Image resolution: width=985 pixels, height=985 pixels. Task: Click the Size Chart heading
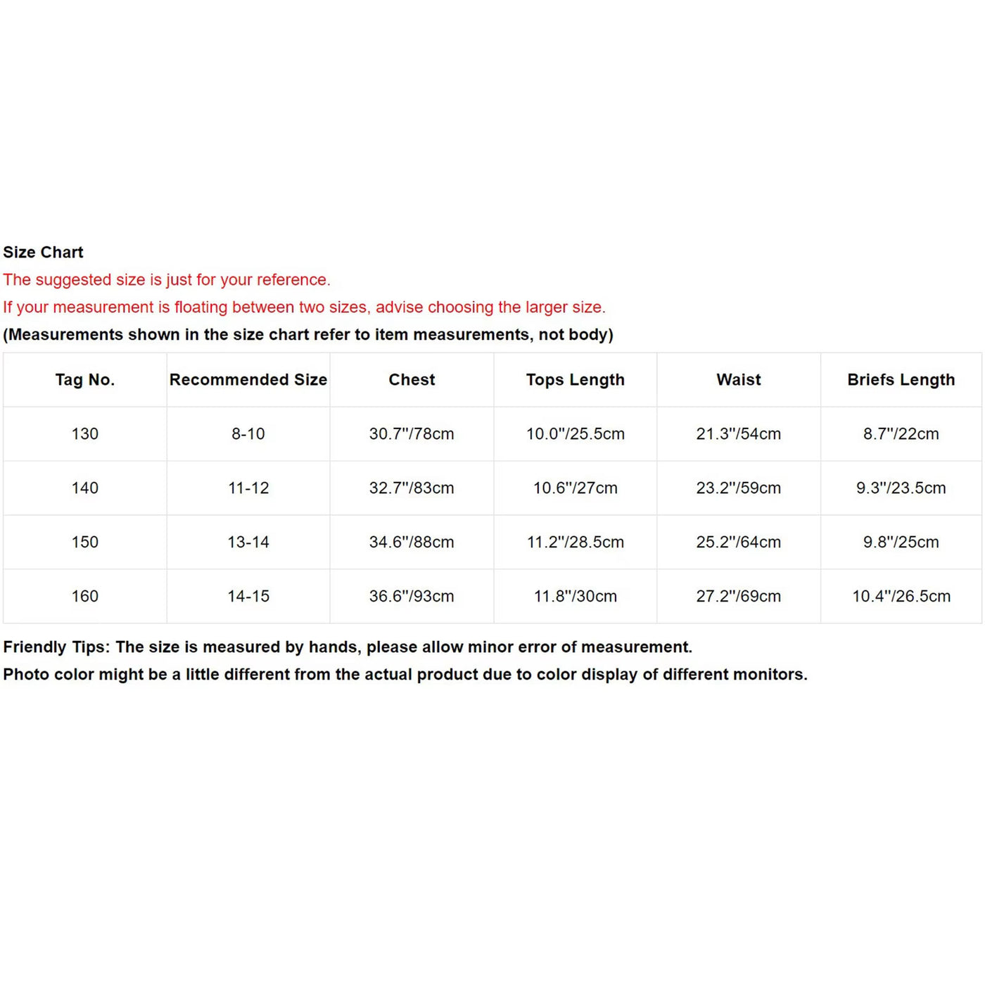(43, 252)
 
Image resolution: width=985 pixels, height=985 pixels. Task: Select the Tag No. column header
(84, 380)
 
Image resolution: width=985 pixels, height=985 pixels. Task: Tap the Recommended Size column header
(248, 380)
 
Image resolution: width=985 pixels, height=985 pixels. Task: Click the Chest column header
(412, 380)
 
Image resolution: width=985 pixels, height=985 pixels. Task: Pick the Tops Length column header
(575, 380)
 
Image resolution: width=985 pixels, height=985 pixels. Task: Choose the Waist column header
(739, 380)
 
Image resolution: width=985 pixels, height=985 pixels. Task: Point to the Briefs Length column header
(901, 380)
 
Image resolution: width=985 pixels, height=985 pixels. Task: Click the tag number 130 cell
(84, 434)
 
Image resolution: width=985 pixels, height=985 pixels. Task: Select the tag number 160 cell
(84, 597)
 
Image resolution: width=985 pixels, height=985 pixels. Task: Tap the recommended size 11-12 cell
(248, 488)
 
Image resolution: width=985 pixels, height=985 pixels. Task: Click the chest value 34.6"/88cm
(412, 542)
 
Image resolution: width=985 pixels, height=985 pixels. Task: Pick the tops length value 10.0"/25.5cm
(575, 434)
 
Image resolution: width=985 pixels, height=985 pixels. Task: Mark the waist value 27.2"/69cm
(739, 597)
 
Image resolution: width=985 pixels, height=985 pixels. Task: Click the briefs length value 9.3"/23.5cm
(901, 488)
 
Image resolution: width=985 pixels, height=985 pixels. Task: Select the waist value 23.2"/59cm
(739, 488)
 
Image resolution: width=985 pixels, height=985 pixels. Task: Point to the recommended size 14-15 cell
(248, 597)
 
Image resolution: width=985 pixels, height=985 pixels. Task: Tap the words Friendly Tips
(56, 647)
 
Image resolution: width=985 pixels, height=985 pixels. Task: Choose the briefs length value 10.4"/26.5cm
(901, 597)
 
